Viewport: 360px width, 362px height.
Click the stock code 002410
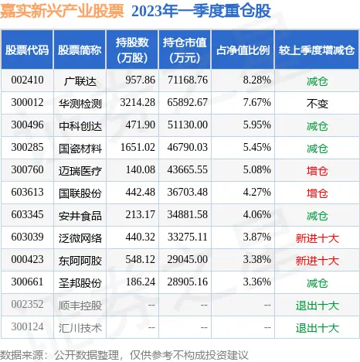coord(27,80)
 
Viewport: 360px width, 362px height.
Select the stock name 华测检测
coord(80,104)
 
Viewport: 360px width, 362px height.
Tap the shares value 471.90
coord(141,125)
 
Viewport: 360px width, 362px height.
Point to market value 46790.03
coord(188,147)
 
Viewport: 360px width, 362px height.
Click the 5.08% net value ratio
coord(257,169)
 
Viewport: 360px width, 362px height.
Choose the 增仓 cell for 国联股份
coord(317,193)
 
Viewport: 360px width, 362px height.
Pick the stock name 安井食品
coord(80,216)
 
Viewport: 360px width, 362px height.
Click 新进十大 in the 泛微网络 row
coord(317,238)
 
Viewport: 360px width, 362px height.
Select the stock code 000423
coord(27,259)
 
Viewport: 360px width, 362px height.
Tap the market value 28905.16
coord(188,282)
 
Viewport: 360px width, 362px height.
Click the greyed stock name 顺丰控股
coord(80,306)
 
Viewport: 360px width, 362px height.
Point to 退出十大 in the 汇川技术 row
coord(317,328)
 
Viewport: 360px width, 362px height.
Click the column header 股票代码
coord(27,50)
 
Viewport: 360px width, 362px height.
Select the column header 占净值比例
coord(243,50)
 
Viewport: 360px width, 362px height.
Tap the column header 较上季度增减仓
coord(317,50)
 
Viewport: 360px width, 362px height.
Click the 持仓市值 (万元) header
coord(185,50)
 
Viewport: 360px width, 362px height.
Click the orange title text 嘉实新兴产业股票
coord(62,11)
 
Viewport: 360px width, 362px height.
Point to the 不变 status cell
coord(317,104)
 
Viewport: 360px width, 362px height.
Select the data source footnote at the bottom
coord(124,355)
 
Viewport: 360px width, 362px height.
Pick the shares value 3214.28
coord(138,102)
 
